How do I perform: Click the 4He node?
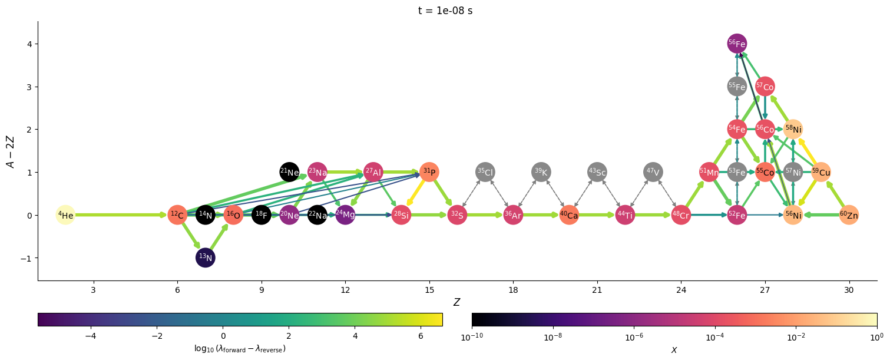tap(65, 215)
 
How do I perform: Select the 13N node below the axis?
tap(206, 258)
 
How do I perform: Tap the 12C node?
tap(177, 215)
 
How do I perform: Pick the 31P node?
tap(429, 172)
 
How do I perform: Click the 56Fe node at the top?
tap(737, 44)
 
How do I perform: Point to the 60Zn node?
tap(849, 215)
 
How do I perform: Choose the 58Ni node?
tap(793, 129)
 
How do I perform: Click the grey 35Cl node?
tap(485, 172)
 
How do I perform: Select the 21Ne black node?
tap(289, 172)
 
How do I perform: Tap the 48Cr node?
tap(681, 215)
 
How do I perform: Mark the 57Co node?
tap(765, 87)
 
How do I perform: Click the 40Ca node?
tap(569, 215)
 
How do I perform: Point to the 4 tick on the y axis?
tap(29, 44)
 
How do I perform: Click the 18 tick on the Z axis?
tap(513, 289)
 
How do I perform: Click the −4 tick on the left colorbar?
tap(91, 335)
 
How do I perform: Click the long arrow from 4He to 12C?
tap(118, 215)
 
